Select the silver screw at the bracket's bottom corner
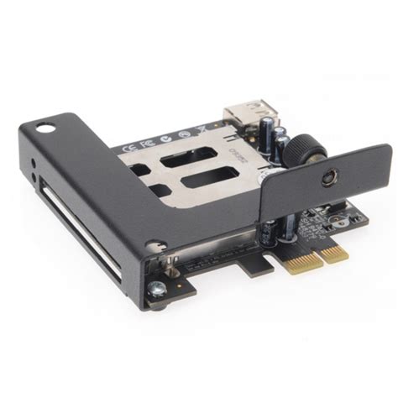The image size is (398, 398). tap(157, 291)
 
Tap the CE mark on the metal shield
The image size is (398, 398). tap(127, 144)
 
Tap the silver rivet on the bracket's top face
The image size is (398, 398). tap(153, 246)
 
